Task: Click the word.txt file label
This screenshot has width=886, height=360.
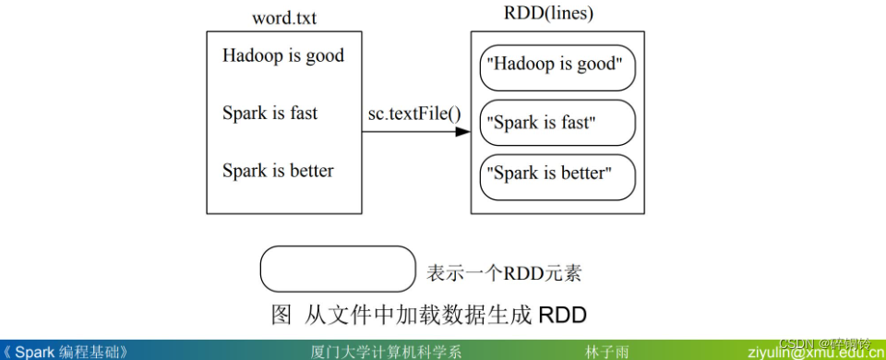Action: (x=284, y=18)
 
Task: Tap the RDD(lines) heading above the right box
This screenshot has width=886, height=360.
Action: (x=549, y=14)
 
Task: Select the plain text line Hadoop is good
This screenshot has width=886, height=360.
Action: (x=282, y=55)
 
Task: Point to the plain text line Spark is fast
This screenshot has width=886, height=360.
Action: (x=269, y=114)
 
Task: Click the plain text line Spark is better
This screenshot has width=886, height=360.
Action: (x=278, y=171)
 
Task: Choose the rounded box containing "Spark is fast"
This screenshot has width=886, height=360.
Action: (x=557, y=123)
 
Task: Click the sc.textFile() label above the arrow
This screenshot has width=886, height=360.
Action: (x=414, y=114)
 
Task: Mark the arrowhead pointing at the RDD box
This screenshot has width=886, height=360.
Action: (x=463, y=132)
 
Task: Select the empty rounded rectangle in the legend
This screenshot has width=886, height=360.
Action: (x=338, y=269)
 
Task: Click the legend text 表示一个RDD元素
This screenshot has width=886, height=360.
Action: (x=503, y=274)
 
